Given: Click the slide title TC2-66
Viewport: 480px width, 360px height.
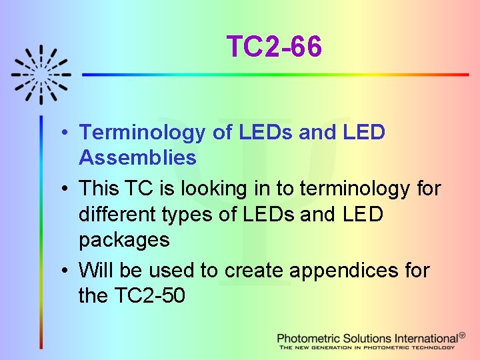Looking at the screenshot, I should (x=274, y=47).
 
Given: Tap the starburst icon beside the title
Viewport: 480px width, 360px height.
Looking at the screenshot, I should (x=41, y=74).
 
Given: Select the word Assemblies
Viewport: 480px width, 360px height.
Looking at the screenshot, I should (x=137, y=158).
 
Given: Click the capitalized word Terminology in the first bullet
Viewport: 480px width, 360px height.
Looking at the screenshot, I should (x=143, y=132).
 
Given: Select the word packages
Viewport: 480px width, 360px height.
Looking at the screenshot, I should (x=124, y=240).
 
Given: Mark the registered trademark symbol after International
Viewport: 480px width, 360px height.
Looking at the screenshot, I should (x=463, y=335).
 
